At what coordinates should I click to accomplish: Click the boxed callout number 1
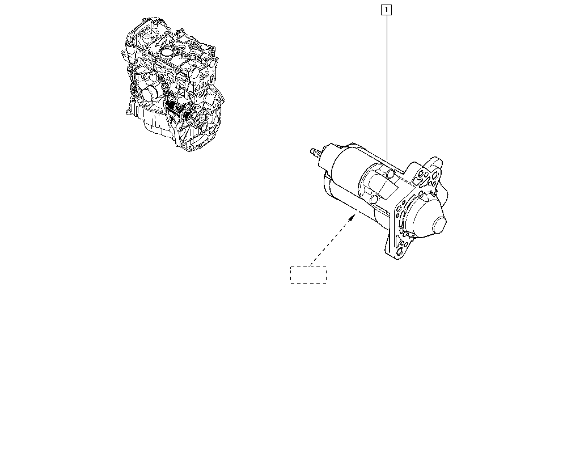pos(386,10)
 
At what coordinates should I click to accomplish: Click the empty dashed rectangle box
pos(308,275)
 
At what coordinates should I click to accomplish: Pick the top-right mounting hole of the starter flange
pos(434,175)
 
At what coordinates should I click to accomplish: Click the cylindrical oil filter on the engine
pos(149,94)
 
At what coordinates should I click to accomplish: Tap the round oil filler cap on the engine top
pos(166,53)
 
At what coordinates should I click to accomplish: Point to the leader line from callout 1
pos(387,87)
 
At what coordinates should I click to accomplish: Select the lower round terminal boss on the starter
pos(374,199)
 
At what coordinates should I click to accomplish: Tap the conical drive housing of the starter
pos(427,215)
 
